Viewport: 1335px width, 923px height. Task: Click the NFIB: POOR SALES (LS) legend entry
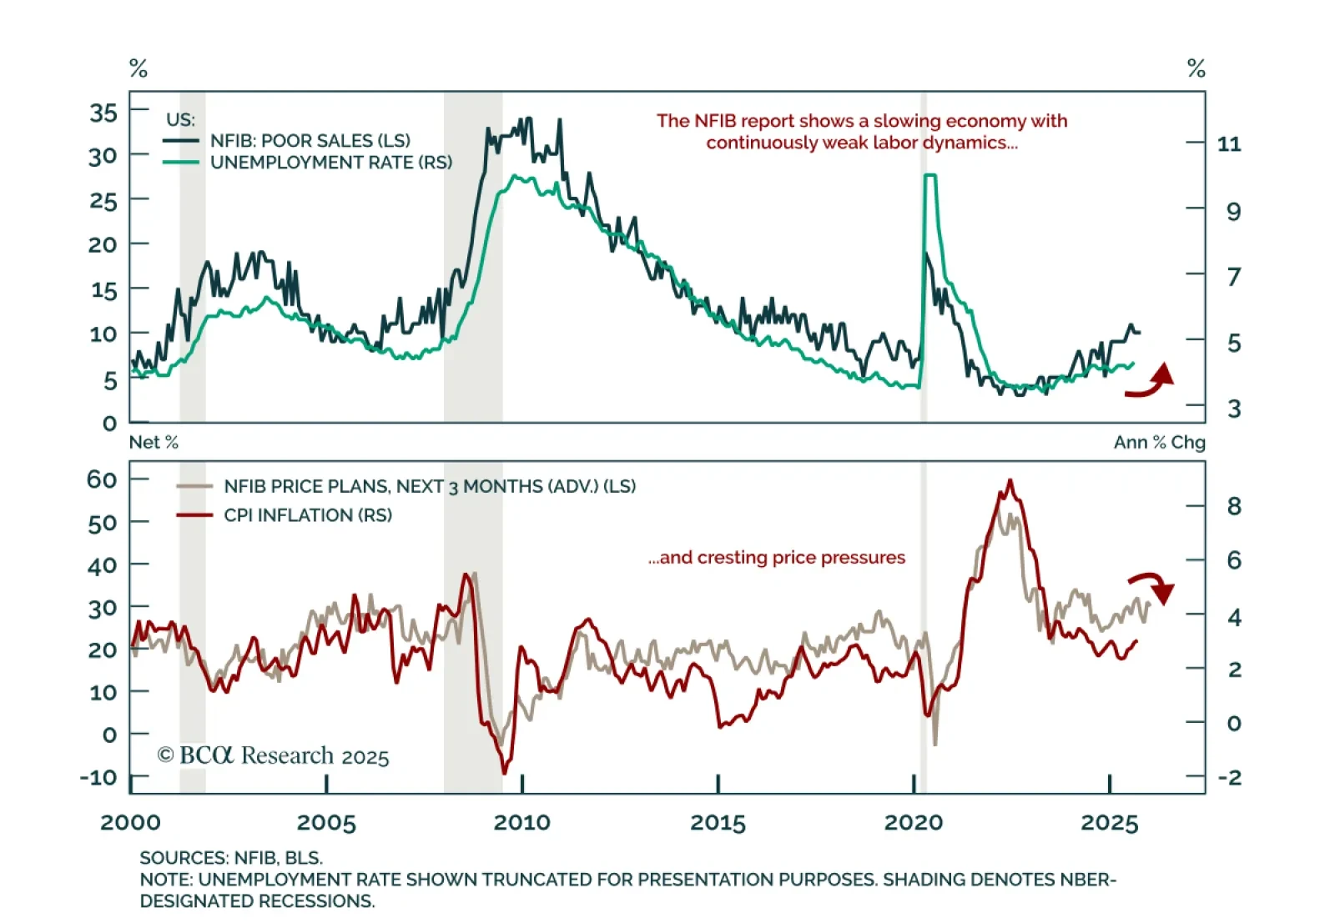(x=310, y=141)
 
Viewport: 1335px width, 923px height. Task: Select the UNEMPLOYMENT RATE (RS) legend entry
(x=330, y=163)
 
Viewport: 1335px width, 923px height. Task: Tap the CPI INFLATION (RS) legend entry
(x=307, y=515)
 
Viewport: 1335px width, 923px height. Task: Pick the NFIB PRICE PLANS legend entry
(x=429, y=486)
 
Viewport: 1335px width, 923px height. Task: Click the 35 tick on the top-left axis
(x=103, y=113)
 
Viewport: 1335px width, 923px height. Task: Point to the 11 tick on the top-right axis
(x=1229, y=144)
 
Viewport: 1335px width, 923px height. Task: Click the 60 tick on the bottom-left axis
(x=102, y=479)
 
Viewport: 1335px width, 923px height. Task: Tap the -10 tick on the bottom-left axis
(x=98, y=777)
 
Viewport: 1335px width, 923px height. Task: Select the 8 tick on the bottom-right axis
(x=1234, y=506)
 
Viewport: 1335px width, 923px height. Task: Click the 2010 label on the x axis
(x=521, y=823)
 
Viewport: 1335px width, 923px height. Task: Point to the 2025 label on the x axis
(x=1109, y=823)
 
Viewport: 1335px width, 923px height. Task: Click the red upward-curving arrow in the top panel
(x=1151, y=381)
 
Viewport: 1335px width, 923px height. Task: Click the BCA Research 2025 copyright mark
(x=273, y=755)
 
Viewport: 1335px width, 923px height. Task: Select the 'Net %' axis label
(x=154, y=442)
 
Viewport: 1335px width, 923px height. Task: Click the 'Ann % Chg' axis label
(x=1159, y=442)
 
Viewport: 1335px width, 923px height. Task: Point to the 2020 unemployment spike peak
(x=929, y=176)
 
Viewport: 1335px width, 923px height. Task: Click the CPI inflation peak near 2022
(x=1010, y=481)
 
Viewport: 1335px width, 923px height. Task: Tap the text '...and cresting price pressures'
(x=776, y=557)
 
